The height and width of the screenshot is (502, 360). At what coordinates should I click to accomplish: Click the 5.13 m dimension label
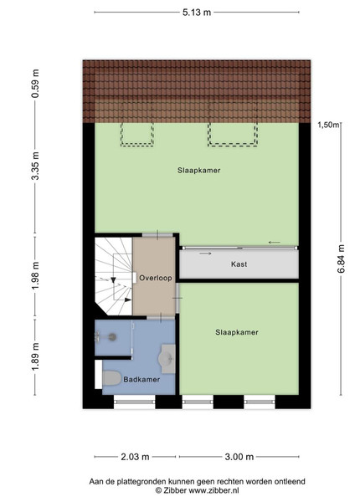(197, 13)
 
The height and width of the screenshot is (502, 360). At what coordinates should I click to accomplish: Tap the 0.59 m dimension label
(35, 84)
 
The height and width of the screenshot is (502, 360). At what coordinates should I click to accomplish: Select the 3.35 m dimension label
(35, 166)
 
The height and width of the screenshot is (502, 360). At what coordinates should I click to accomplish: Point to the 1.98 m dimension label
(35, 275)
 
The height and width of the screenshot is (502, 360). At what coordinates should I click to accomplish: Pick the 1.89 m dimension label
(35, 356)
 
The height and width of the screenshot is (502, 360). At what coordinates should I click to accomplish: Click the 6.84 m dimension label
(342, 259)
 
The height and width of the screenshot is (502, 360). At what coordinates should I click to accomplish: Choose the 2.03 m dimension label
(135, 457)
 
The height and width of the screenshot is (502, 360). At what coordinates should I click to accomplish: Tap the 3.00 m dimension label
(239, 457)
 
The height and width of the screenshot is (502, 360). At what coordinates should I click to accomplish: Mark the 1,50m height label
(328, 125)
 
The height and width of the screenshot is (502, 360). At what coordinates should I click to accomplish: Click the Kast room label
(239, 264)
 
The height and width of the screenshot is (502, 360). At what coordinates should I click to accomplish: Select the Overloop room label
(156, 278)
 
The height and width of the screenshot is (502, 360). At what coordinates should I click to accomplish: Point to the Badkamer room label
(141, 379)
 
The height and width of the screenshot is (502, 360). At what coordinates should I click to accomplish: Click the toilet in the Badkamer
(111, 378)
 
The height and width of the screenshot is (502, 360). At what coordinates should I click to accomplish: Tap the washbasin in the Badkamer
(167, 359)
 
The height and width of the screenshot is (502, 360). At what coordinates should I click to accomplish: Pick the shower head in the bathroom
(112, 336)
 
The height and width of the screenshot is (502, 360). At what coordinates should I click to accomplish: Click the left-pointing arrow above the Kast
(274, 243)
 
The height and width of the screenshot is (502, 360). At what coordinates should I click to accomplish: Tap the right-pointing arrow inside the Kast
(205, 254)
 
